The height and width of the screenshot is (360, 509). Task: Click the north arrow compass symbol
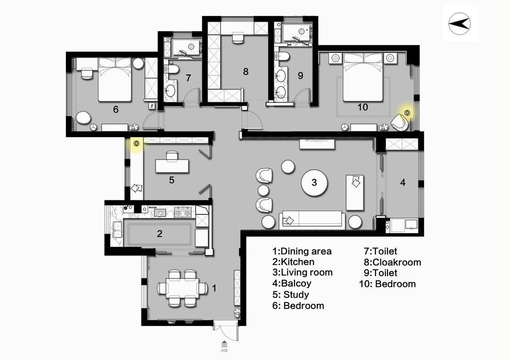tap(460, 24)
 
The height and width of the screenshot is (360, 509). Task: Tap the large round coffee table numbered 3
tap(314, 182)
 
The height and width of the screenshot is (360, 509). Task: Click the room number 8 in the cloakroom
tap(246, 72)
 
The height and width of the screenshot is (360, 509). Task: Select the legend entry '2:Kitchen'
tap(293, 262)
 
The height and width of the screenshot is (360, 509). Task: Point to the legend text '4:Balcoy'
tap(292, 283)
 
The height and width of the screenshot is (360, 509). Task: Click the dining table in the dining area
tap(182, 288)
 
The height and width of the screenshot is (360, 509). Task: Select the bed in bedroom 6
tap(115, 80)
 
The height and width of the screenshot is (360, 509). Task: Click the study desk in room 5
tap(172, 166)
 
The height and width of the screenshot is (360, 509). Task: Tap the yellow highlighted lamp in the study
tap(136, 143)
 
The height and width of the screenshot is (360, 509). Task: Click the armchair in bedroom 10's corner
tap(400, 122)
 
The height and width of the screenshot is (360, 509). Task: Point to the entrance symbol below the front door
tap(224, 345)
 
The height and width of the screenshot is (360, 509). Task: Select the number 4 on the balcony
tap(402, 182)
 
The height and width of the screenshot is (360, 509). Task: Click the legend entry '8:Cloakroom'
tap(392, 262)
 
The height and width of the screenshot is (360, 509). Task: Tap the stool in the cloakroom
tap(238, 37)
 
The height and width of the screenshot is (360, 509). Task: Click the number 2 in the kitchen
tap(159, 234)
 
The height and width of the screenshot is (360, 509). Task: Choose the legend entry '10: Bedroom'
tap(387, 284)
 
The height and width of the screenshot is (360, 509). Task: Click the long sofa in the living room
tap(312, 220)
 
